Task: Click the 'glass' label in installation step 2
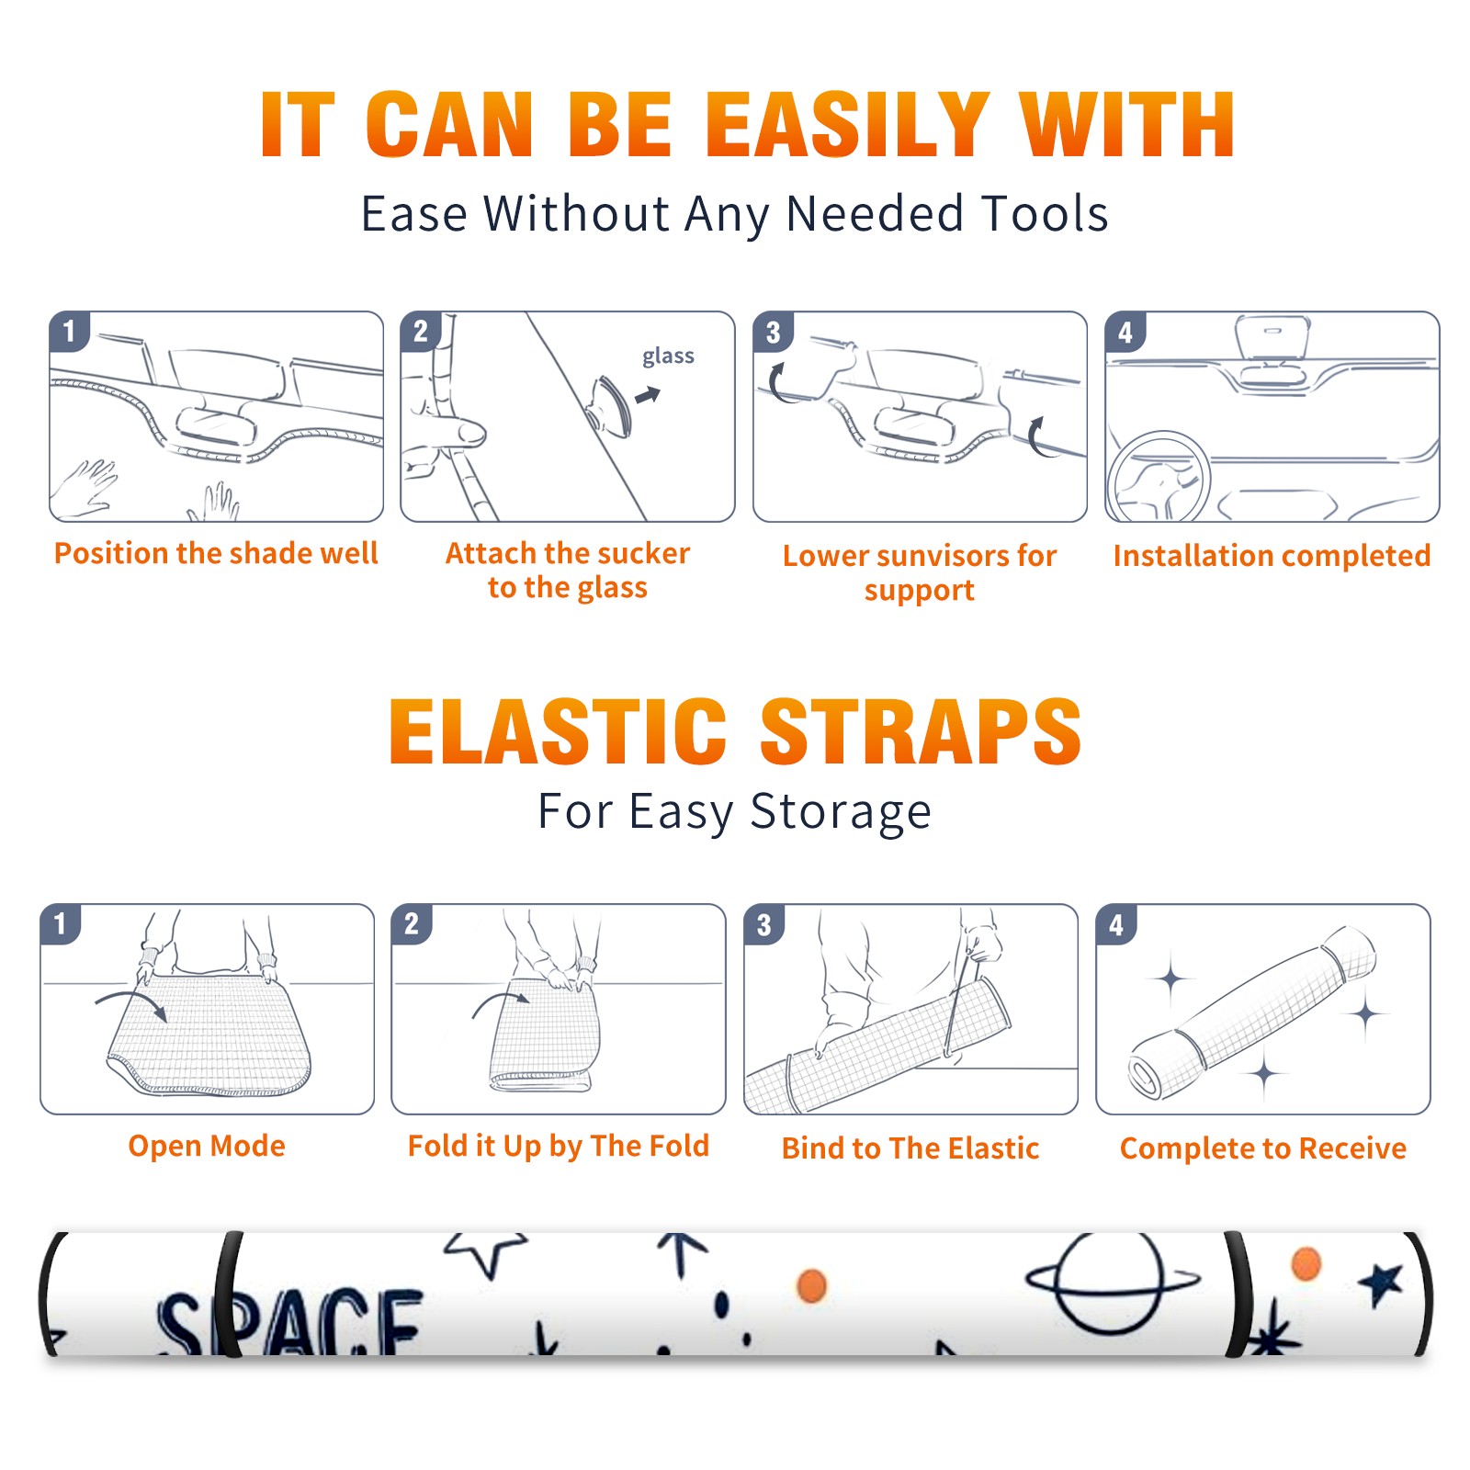coord(668,356)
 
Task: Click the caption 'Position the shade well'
coord(216,553)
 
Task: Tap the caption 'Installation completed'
coord(1272,555)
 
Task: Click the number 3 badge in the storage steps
coord(764,924)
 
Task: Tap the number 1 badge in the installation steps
coord(69,331)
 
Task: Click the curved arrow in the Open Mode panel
coord(131,1001)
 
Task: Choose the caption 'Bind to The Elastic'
coord(910,1148)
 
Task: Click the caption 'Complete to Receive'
coord(1263,1148)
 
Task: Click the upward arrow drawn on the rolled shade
coord(681,1253)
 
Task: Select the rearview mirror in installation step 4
coord(1272,336)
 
